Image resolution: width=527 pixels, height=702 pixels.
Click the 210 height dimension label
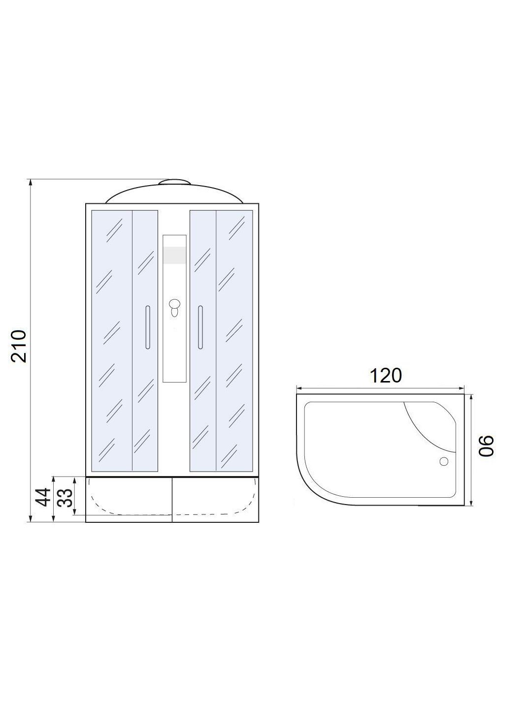[x=19, y=346]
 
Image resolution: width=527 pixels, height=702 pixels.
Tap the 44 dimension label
[x=43, y=497]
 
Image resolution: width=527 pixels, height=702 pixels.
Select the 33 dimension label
[x=66, y=497]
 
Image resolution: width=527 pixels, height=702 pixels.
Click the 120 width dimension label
[x=385, y=376]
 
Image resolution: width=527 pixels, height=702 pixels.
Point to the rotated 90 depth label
[x=486, y=446]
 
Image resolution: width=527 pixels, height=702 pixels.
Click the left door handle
[x=147, y=327]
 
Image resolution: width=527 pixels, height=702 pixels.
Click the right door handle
[x=200, y=327]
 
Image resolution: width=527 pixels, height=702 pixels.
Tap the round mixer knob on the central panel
[x=174, y=303]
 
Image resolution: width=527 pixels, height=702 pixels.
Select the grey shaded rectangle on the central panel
[x=174, y=255]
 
